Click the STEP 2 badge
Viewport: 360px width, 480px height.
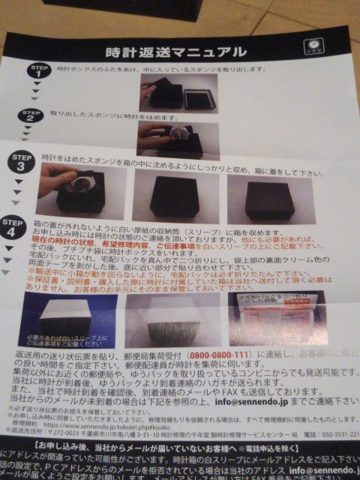(x=31, y=117)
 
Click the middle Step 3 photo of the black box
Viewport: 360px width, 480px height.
(x=174, y=195)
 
